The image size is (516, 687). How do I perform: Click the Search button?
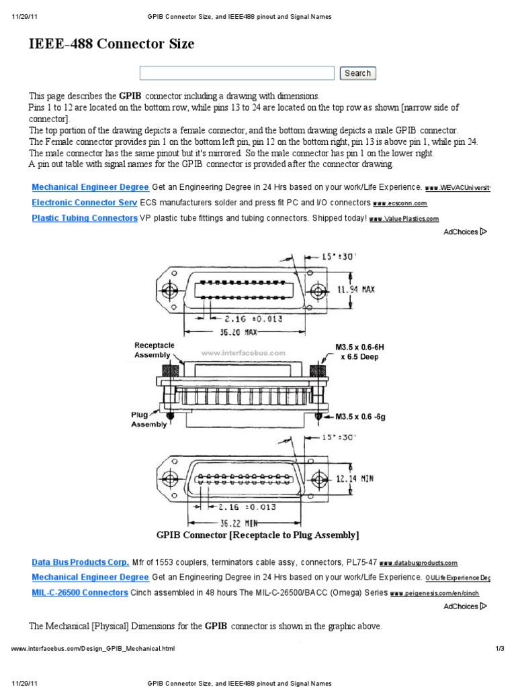coord(357,73)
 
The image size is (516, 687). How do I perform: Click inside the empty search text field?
coord(236,73)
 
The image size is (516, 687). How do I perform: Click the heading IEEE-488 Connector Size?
coord(112,44)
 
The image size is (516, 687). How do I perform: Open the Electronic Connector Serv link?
coord(85,202)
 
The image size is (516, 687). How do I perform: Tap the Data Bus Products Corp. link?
coord(81,562)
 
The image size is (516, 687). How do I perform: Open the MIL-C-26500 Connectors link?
coord(80,592)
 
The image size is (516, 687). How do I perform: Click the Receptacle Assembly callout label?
coord(155,350)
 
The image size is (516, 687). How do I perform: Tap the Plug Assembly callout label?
coord(148,419)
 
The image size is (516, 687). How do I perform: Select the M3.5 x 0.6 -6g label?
coord(366,416)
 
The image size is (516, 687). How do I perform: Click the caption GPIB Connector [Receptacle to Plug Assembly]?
coord(258,535)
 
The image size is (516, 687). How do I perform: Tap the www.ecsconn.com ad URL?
coord(400,203)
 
